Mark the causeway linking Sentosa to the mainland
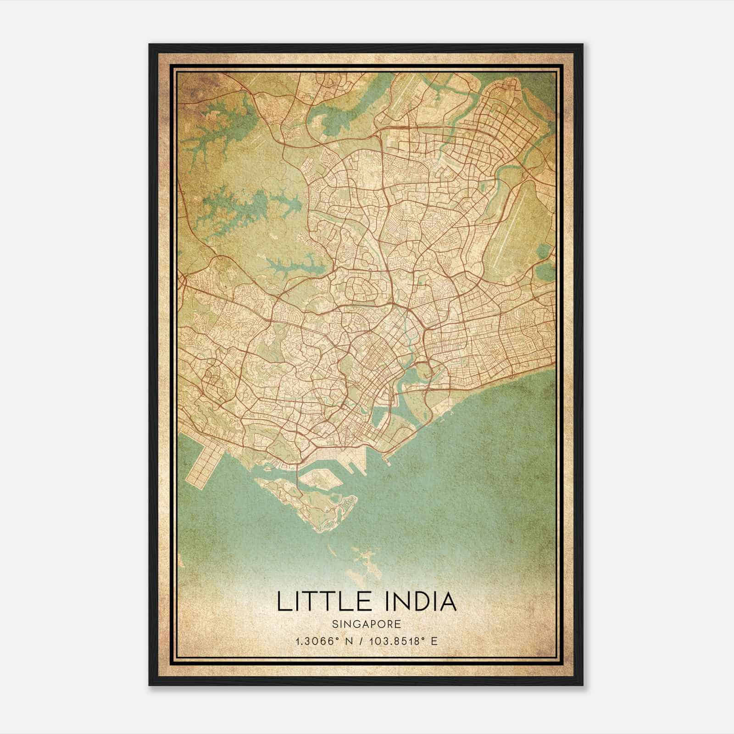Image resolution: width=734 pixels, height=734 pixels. (x=299, y=477)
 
